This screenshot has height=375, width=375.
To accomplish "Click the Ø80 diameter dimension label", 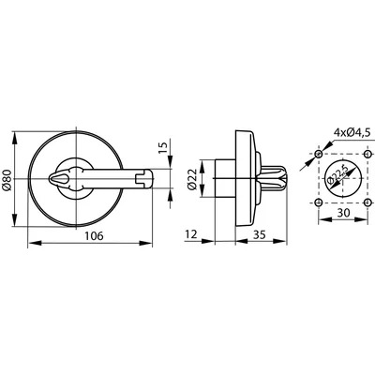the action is click(x=7, y=180).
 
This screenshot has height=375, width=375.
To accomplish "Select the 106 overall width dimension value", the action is click(x=94, y=236).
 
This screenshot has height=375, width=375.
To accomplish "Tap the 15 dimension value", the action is click(x=163, y=146).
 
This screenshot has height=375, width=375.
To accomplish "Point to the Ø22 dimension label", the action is click(x=192, y=179).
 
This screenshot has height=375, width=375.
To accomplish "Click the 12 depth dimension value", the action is click(x=191, y=234).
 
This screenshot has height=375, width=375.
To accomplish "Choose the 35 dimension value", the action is click(x=260, y=234).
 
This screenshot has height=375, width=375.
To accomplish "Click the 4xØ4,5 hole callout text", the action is click(x=352, y=132).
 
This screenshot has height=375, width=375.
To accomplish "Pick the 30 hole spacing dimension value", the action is click(x=343, y=213).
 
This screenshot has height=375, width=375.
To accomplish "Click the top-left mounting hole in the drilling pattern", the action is click(x=319, y=154).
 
